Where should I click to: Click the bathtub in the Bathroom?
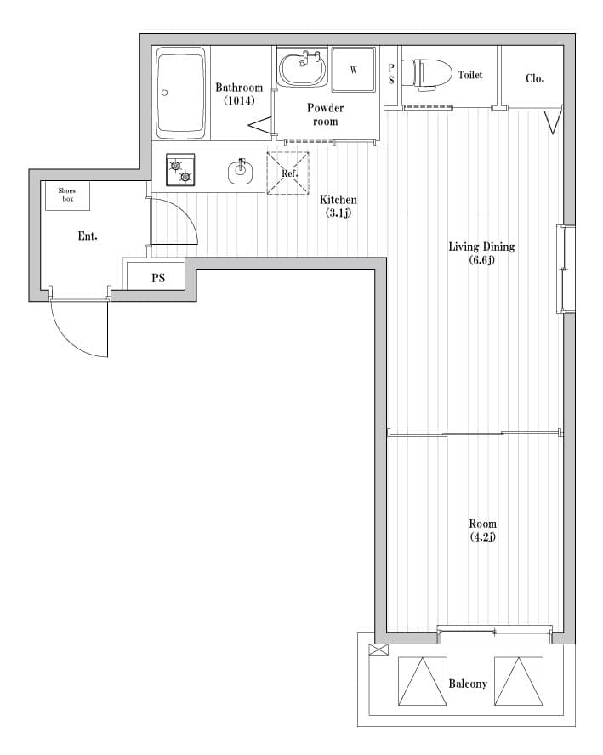pyautogui.click(x=181, y=93)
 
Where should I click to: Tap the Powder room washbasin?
pyautogui.click(x=304, y=68)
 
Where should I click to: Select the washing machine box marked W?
pyautogui.click(x=354, y=70)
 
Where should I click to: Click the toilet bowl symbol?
pyautogui.click(x=426, y=74)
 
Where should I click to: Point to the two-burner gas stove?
pyautogui.click(x=180, y=170)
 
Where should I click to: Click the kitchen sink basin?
pyautogui.click(x=241, y=172)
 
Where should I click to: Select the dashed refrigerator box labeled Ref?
pyautogui.click(x=288, y=173)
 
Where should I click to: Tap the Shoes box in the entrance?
pyautogui.click(x=67, y=195)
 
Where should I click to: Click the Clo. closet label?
pyautogui.click(x=535, y=78)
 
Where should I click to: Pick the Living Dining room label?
pyautogui.click(x=482, y=253)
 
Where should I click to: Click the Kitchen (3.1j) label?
pyautogui.click(x=338, y=206)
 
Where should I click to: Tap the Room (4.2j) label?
pyautogui.click(x=482, y=531)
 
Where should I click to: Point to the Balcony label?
pyautogui.click(x=468, y=684)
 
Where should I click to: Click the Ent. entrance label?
pyautogui.click(x=88, y=236)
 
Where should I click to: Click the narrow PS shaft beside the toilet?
pyautogui.click(x=391, y=75)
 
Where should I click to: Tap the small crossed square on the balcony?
pyautogui.click(x=378, y=650)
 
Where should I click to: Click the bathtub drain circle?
pyautogui.click(x=164, y=93)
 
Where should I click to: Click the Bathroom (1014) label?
pyautogui.click(x=239, y=94)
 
